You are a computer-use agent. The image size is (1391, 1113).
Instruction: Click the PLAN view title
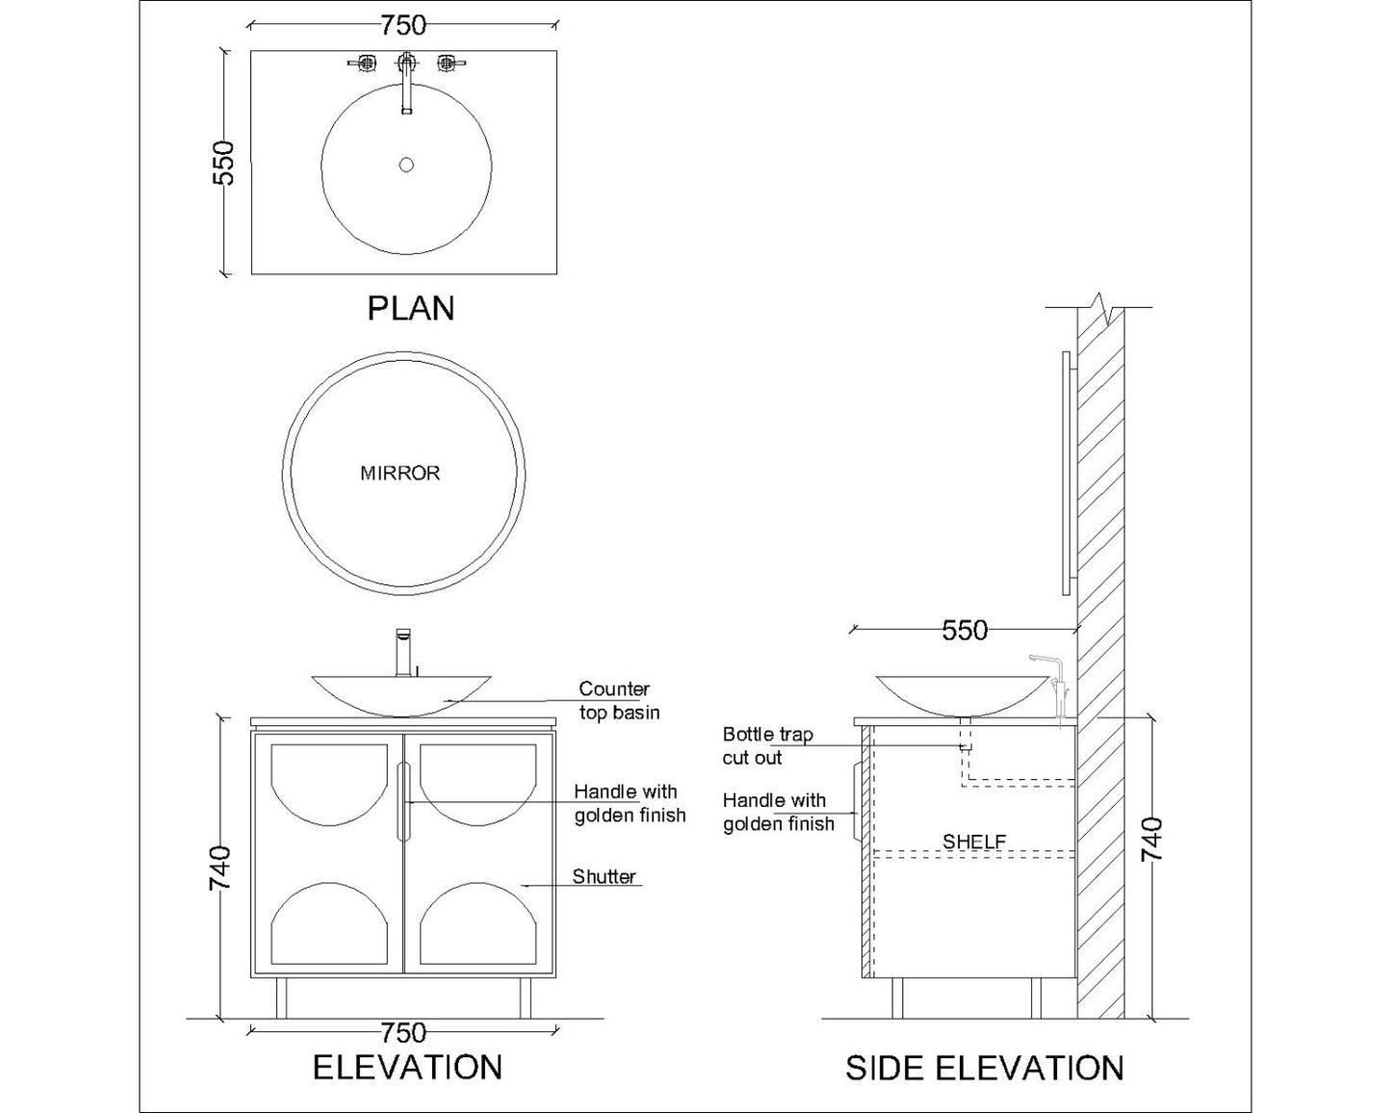click(411, 308)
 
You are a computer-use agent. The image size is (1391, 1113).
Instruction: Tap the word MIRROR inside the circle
click(399, 473)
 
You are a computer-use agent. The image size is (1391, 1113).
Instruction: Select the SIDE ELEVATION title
click(984, 1068)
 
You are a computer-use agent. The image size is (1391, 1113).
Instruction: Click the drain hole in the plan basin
click(406, 165)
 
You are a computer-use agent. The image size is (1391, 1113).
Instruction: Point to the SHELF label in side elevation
click(974, 841)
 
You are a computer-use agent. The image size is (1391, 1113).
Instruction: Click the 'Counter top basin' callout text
click(618, 701)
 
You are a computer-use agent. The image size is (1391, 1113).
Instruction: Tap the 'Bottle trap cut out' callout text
click(767, 746)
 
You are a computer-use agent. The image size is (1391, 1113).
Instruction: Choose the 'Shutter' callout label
click(604, 876)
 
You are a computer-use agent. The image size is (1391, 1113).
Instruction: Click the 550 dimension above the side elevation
click(965, 630)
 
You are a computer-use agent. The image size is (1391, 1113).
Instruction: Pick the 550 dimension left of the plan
click(223, 163)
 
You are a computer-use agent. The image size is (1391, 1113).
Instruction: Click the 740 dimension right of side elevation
click(1151, 840)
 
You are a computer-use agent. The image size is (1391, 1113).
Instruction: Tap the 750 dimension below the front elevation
click(403, 1033)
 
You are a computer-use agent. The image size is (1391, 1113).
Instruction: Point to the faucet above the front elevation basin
click(404, 652)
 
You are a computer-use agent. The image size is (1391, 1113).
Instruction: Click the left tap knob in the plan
click(365, 64)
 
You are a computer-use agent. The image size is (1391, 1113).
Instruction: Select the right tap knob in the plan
click(447, 64)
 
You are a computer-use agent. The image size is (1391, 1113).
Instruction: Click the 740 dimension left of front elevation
click(220, 867)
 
